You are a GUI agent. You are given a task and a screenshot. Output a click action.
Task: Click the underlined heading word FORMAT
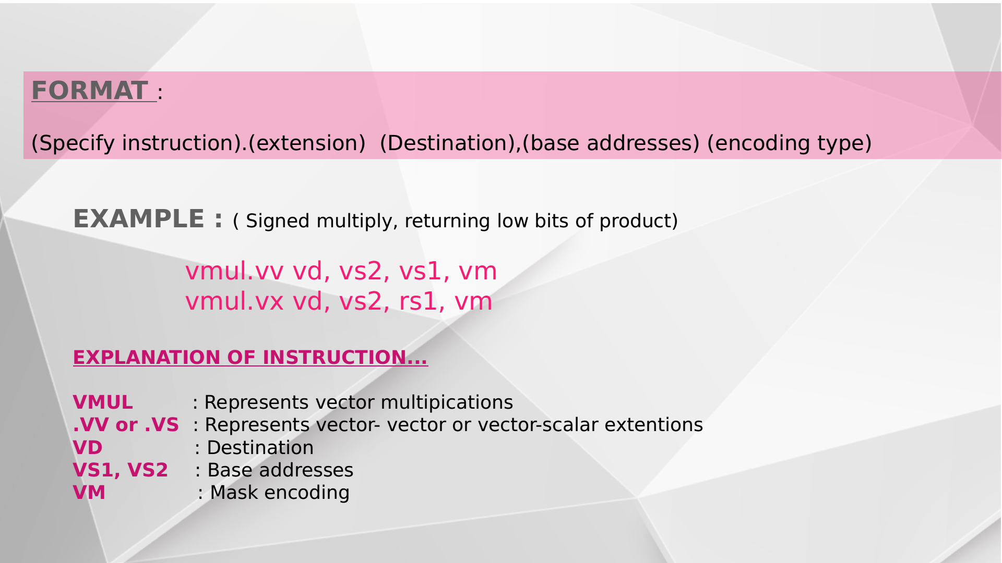[90, 91]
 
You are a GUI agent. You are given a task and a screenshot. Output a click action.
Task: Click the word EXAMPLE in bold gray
[138, 219]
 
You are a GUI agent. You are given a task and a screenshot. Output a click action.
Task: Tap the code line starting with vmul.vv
[341, 271]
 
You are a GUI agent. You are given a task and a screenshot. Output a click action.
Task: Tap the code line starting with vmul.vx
[339, 301]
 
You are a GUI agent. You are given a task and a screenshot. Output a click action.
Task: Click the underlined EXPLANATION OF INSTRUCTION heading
[250, 358]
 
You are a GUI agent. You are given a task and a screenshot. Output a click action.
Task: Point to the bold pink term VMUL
[103, 402]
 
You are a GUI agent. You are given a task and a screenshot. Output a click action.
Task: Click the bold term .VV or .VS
[126, 425]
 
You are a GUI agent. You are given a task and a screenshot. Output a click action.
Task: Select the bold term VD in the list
[88, 448]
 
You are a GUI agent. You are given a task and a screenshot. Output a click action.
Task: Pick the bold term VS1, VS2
[120, 470]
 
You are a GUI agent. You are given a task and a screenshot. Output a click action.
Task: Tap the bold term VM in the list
[89, 493]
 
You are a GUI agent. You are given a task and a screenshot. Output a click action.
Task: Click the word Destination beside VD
[260, 448]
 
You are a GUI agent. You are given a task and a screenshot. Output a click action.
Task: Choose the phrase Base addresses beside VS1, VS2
[280, 470]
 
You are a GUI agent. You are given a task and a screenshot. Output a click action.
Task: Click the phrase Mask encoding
[280, 493]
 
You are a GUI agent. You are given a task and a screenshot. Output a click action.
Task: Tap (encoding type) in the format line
[789, 143]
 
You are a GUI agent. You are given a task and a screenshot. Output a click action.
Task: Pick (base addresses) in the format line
[611, 143]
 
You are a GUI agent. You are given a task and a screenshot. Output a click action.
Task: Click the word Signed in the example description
[278, 221]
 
